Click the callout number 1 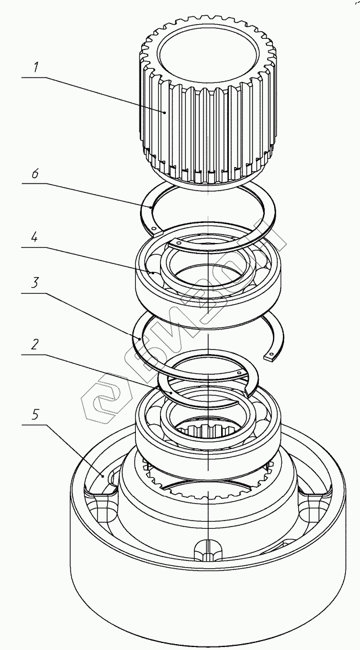pyautogui.click(x=36, y=67)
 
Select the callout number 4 pyautogui.click(x=36, y=239)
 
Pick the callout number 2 pyautogui.click(x=35, y=345)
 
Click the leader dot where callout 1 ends pyautogui.click(x=165, y=112)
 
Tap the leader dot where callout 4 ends pyautogui.click(x=152, y=273)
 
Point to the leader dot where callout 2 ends pyautogui.click(x=169, y=392)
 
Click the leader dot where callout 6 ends pyautogui.click(x=152, y=207)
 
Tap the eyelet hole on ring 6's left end pyautogui.click(x=153, y=228)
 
